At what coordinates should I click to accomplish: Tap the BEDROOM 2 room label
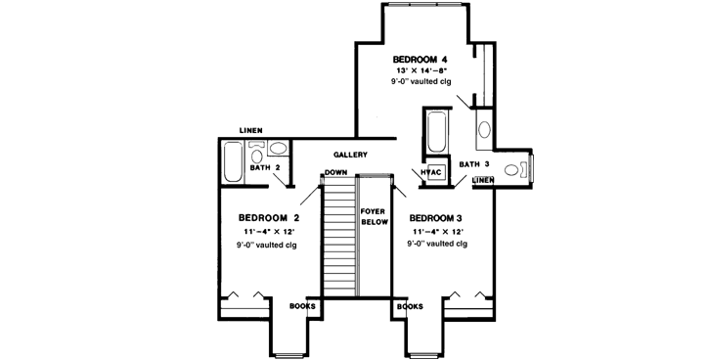pos(269,216)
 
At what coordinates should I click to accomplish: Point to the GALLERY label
pos(349,155)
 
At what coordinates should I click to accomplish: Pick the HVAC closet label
pos(432,173)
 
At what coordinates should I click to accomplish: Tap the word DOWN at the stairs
pos(337,173)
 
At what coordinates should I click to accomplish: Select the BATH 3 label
pos(473,163)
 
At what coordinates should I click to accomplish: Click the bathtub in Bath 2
pos(234,161)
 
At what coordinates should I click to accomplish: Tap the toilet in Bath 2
pos(257,151)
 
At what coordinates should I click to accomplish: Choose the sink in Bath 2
pos(279,150)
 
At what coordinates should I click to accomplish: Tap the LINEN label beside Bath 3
pos(481,180)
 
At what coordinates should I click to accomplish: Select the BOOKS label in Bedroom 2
pos(303,306)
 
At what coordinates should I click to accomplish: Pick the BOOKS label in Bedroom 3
pos(410,306)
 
